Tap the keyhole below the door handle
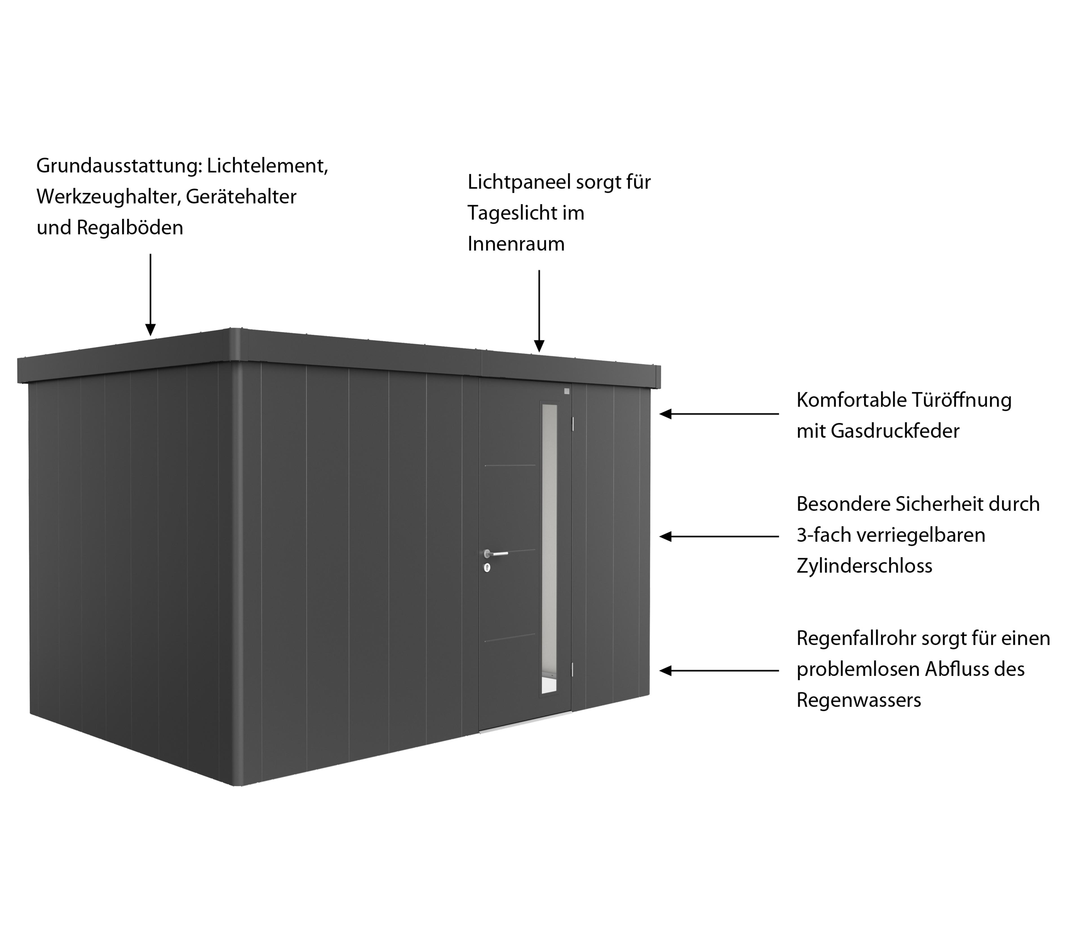[487, 568]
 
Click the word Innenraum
[516, 244]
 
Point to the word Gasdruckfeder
[895, 431]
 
